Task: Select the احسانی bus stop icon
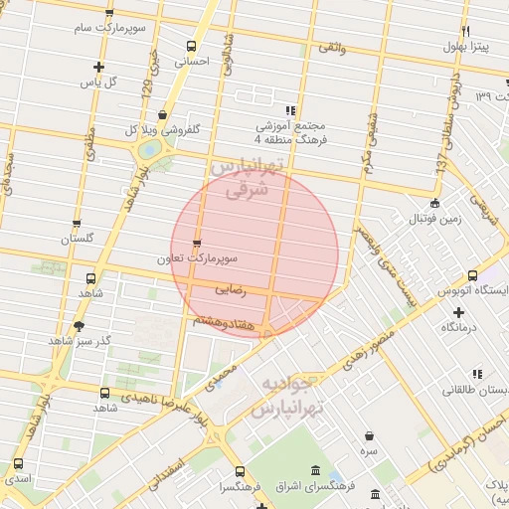(x=192, y=46)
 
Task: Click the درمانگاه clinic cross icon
(x=457, y=312)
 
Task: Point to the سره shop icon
(x=370, y=436)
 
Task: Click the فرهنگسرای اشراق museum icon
(x=315, y=470)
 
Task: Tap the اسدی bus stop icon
(x=18, y=464)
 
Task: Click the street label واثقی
(x=331, y=47)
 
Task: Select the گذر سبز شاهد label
(x=80, y=340)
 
